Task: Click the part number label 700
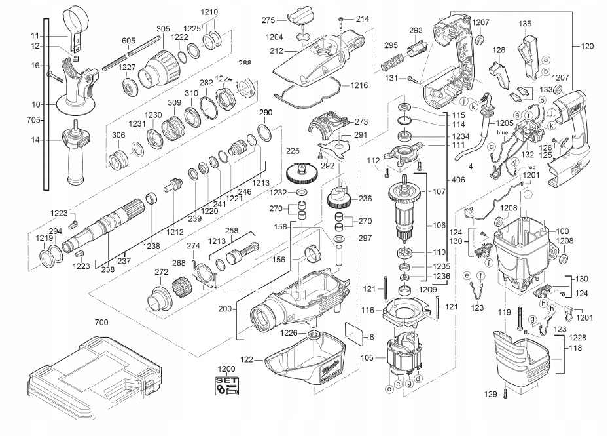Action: coord(101,322)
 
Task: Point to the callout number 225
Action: coord(293,151)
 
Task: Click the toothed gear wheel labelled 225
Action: coord(302,174)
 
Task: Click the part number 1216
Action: coord(359,85)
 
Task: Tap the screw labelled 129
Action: coord(507,394)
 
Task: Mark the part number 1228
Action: coord(577,338)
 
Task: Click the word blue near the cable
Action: coord(503,132)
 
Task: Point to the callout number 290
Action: coord(265,112)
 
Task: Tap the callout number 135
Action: coord(524,24)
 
